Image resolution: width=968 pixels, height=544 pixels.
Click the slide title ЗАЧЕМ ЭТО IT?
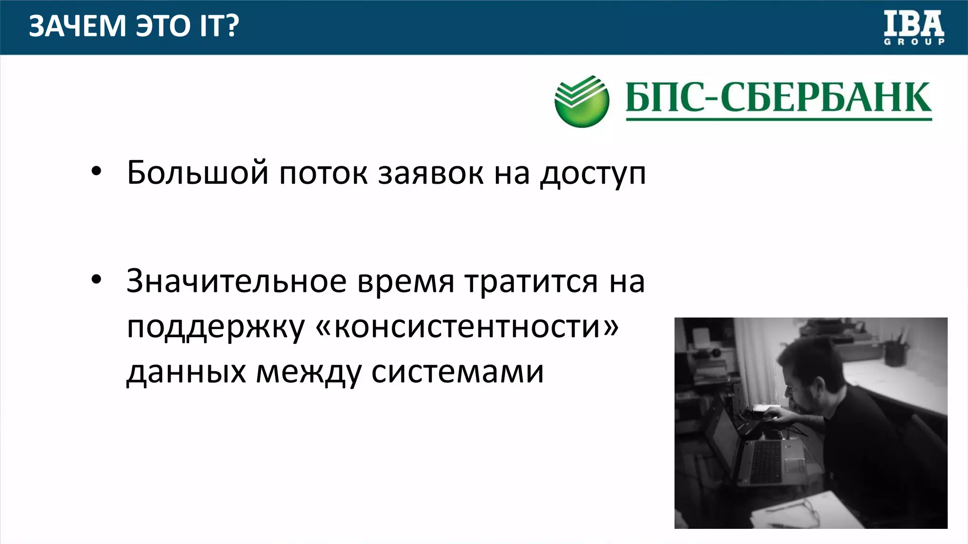(x=134, y=26)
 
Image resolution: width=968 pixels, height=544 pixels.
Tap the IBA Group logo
(x=914, y=28)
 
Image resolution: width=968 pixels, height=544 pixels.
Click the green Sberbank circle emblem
(x=582, y=102)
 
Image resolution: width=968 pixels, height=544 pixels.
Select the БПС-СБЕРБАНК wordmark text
(x=778, y=98)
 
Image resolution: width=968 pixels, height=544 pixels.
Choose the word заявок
(x=430, y=173)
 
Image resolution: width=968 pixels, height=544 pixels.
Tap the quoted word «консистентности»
(x=467, y=327)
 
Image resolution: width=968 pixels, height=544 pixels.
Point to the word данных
(x=186, y=372)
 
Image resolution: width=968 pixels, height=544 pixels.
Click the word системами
(x=458, y=372)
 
